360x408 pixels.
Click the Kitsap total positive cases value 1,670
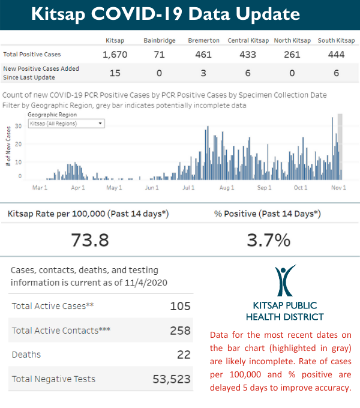116,55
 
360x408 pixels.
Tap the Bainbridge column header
159,41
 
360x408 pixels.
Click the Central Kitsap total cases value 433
248,55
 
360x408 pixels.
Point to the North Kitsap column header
292,41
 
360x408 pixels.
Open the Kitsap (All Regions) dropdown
67,123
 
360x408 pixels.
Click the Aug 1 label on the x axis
227,188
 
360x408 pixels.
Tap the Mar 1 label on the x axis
40,188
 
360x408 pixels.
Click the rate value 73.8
89,240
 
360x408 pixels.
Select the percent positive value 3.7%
269,240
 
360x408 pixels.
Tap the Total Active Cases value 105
180,306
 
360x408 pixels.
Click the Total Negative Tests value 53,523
170,379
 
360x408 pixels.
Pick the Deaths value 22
183,355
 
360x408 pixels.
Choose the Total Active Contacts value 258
179,330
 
